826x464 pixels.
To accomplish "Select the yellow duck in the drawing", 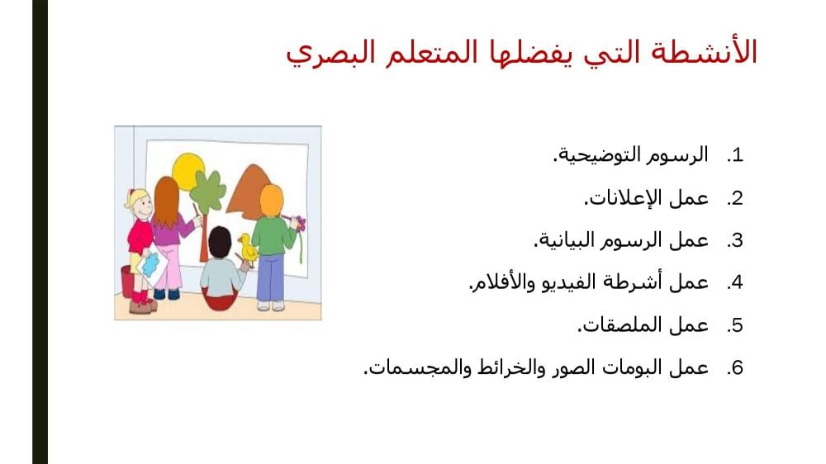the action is (x=248, y=249).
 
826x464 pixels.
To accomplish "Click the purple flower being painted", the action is (x=299, y=223).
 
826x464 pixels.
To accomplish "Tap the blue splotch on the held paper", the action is (x=150, y=264).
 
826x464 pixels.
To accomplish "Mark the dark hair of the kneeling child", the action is (x=220, y=242).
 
